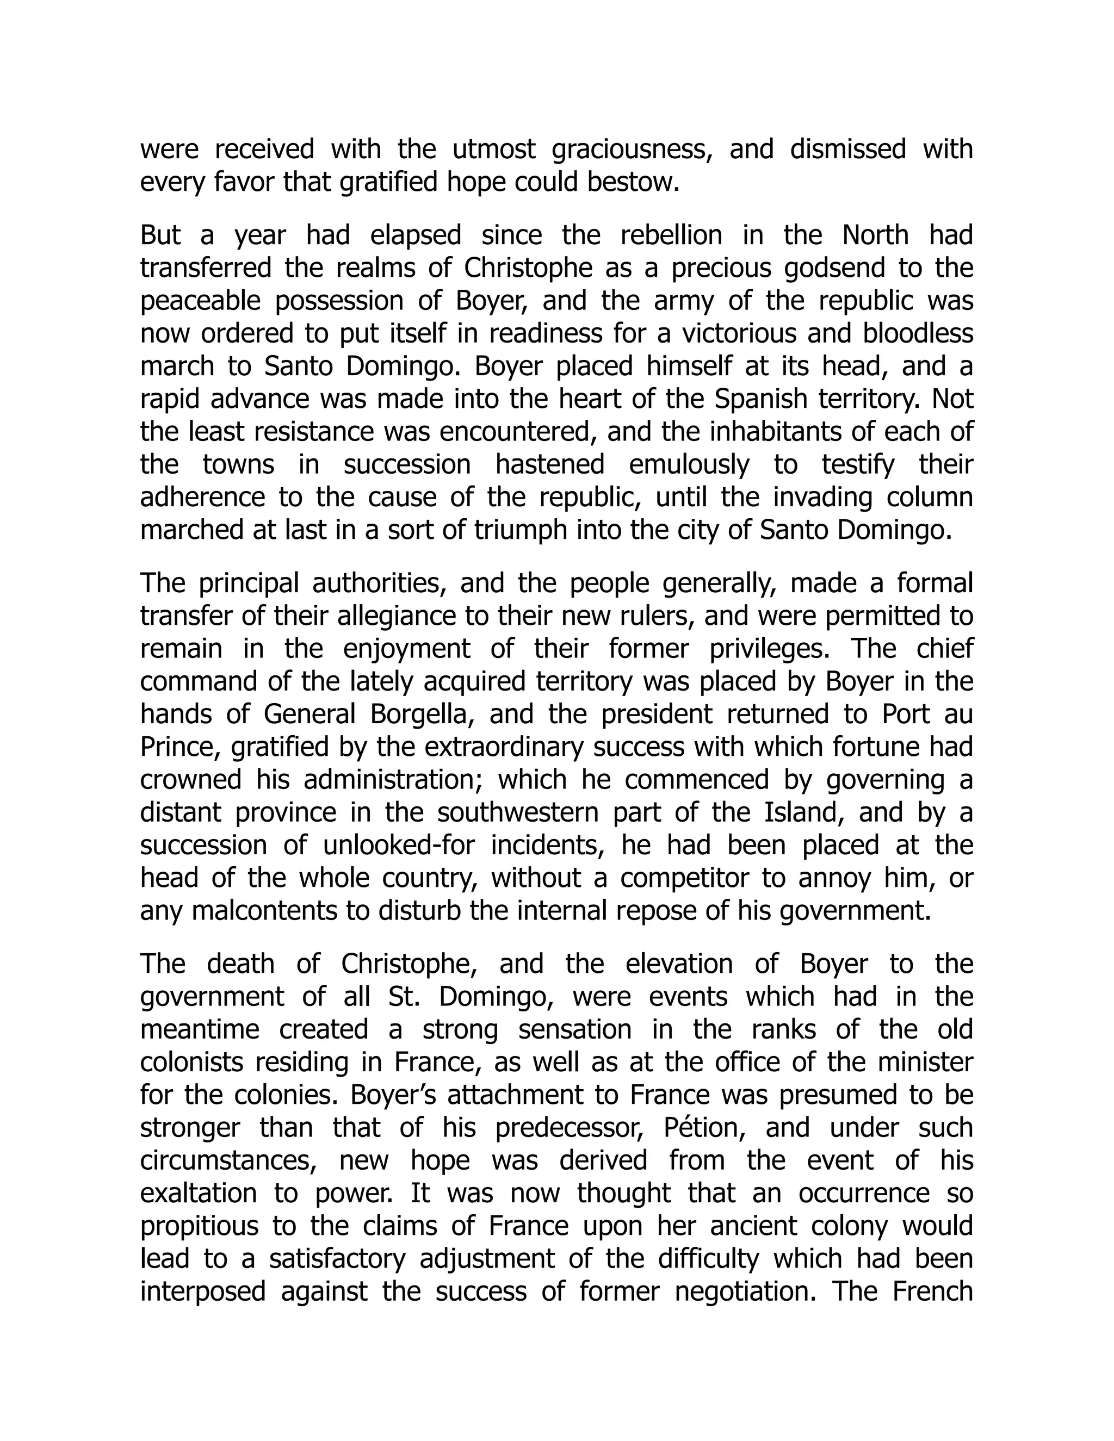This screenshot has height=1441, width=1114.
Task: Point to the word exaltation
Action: click(x=196, y=1194)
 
